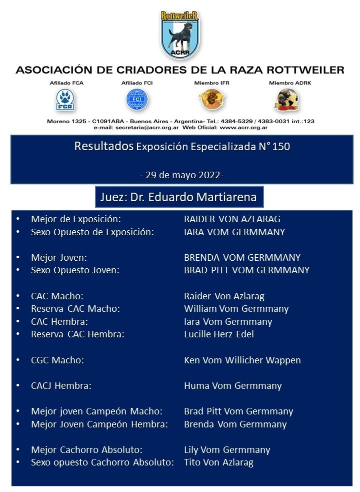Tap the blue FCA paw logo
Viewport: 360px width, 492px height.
click(63, 99)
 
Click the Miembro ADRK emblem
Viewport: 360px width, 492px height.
click(283, 100)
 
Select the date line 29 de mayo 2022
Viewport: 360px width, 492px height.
click(181, 176)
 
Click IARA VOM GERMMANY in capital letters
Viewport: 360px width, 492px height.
click(234, 232)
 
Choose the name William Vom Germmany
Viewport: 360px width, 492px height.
click(236, 309)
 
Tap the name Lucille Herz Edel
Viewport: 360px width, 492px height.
click(219, 334)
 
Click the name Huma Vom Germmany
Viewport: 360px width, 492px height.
click(232, 385)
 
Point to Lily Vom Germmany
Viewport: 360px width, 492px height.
click(227, 449)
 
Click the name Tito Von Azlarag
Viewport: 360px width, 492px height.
click(218, 462)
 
